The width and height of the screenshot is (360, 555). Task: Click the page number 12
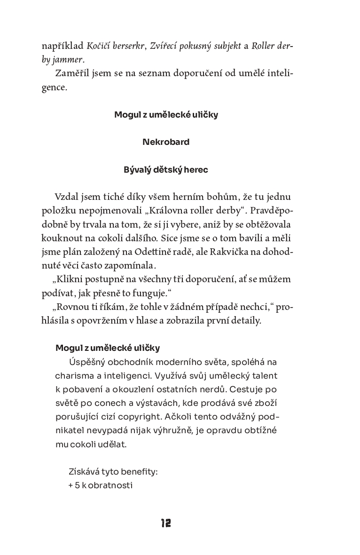click(165, 523)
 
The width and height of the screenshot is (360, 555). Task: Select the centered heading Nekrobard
click(166, 142)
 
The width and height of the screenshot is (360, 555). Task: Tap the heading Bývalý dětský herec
click(166, 170)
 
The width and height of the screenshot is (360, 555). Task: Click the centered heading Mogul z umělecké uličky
click(166, 114)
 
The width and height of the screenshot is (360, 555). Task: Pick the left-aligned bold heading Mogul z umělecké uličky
click(108, 348)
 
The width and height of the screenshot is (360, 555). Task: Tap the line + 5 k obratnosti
click(101, 485)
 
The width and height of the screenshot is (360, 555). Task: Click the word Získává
click(84, 471)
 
